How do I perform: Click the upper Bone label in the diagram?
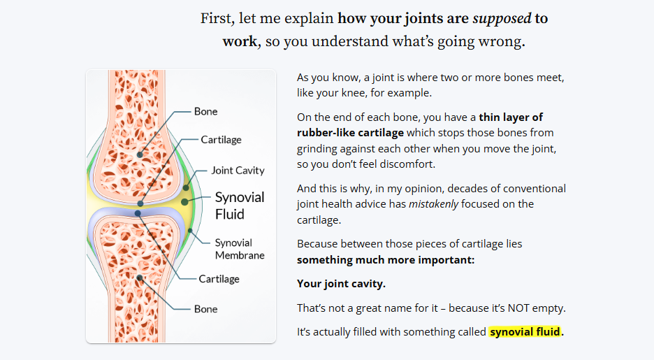tap(205, 112)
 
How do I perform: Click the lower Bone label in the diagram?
tap(205, 309)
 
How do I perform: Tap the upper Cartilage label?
tap(221, 140)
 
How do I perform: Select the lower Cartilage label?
tap(219, 279)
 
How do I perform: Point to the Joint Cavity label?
tap(238, 171)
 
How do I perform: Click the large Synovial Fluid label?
tap(240, 206)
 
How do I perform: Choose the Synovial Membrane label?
tap(239, 249)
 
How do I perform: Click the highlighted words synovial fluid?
tap(525, 331)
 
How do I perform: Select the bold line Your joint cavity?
tap(341, 284)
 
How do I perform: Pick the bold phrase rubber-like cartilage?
tap(350, 132)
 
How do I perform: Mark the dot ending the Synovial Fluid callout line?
tap(184, 202)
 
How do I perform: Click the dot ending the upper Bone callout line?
tap(140, 154)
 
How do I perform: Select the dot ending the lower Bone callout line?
tap(140, 278)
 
